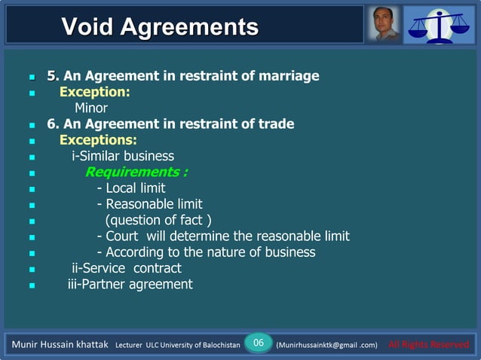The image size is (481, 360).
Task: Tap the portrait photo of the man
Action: (x=384, y=24)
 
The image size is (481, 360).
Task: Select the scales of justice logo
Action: (x=439, y=24)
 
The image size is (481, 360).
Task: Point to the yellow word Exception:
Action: (x=95, y=92)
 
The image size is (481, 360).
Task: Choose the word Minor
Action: (x=90, y=108)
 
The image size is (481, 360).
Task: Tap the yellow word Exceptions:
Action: (x=98, y=140)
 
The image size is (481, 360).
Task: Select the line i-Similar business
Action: (x=123, y=156)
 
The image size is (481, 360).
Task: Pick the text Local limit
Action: (x=135, y=188)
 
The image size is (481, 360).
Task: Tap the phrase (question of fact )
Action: (x=158, y=220)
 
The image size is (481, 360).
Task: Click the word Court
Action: (x=124, y=236)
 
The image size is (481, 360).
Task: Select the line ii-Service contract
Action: (x=126, y=268)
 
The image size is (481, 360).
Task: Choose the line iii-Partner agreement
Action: (x=130, y=284)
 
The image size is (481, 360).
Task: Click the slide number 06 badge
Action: (x=259, y=343)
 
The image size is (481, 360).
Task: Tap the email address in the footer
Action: (x=326, y=345)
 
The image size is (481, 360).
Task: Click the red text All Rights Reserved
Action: (x=428, y=345)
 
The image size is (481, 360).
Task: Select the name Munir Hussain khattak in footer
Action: (x=60, y=345)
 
